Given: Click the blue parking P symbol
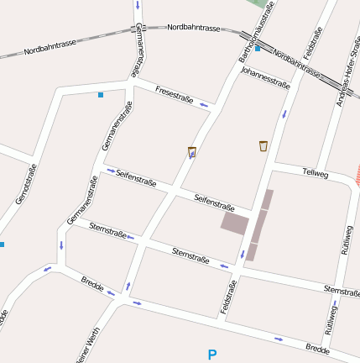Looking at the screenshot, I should tap(212, 355).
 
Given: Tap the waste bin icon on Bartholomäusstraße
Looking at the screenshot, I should tap(192, 152).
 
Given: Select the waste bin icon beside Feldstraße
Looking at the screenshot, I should tap(263, 146).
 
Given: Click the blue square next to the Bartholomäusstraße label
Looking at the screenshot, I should tap(258, 49).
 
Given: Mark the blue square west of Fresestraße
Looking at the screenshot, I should tap(101, 94).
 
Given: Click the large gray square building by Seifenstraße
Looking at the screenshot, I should tap(235, 223).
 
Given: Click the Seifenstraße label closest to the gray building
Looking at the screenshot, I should tap(214, 202).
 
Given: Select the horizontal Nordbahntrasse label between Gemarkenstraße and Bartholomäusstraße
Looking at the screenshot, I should tap(194, 28).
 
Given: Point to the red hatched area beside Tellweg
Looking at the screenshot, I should tap(357, 174).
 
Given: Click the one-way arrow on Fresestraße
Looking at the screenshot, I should tap(204, 105).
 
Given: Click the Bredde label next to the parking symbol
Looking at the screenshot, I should tap(317, 348).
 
